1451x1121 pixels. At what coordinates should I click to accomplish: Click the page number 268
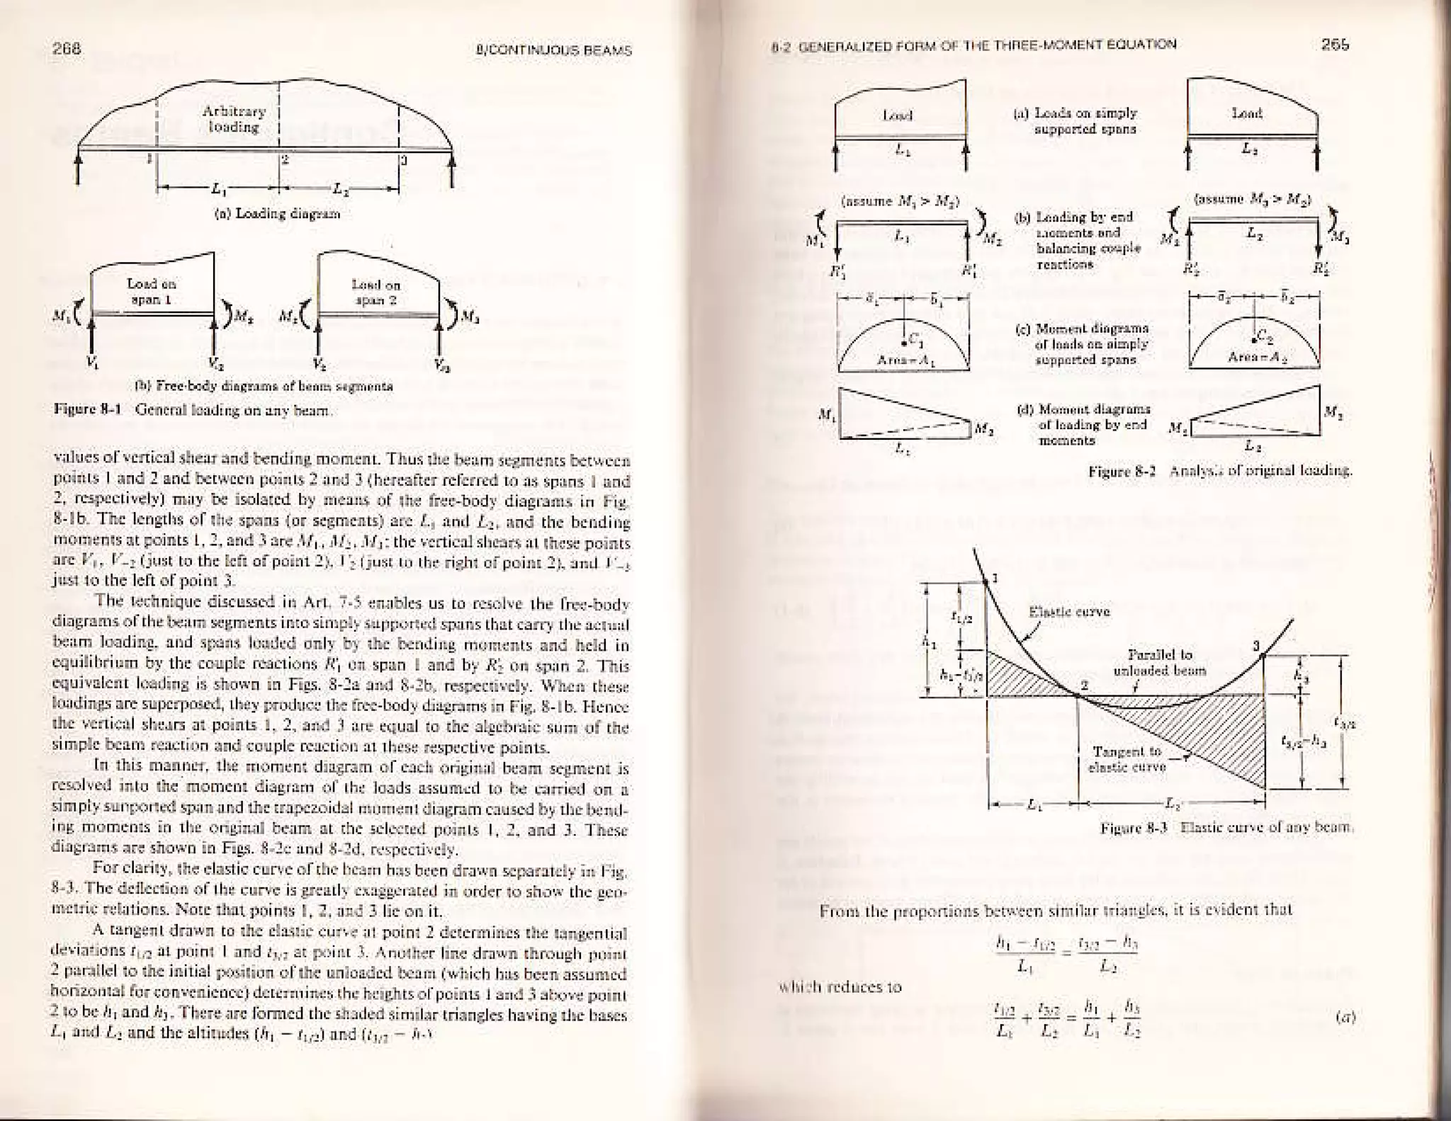point(68,49)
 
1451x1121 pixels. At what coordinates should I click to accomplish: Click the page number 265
point(1335,45)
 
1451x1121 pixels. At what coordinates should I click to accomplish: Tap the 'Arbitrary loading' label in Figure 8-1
point(234,119)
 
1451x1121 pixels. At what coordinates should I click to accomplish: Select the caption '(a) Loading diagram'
point(277,213)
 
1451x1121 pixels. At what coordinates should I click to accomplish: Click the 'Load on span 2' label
point(376,292)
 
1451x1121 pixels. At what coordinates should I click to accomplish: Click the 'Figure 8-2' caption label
point(1122,470)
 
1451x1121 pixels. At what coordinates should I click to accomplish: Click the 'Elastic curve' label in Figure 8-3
point(1068,612)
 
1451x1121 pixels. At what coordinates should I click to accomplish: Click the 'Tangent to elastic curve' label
point(1127,758)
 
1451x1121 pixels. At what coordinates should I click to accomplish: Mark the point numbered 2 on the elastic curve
point(1078,695)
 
